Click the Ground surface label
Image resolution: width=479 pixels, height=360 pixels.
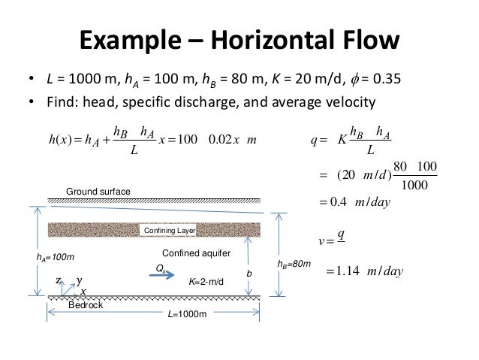click(x=98, y=192)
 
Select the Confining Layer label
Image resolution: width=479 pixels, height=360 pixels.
click(x=170, y=231)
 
